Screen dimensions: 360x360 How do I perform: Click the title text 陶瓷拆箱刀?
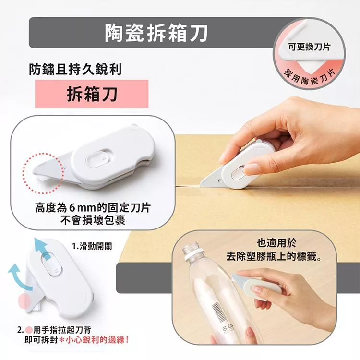tap(156, 33)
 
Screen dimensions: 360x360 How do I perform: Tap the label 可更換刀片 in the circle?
tap(309, 47)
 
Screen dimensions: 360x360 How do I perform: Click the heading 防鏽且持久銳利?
tap(75, 69)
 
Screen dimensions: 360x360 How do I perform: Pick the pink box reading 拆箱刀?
tap(92, 94)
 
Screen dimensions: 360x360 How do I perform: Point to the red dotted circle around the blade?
tap(23, 174)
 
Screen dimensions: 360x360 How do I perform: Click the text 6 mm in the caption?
tap(82, 208)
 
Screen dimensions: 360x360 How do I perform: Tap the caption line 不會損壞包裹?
tap(93, 220)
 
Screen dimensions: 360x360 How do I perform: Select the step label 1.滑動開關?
tap(92, 246)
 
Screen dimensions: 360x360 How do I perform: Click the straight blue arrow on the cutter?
tap(42, 249)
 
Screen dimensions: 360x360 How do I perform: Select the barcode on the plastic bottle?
tap(219, 312)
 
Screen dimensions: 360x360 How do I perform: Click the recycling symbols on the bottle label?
tap(228, 327)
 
